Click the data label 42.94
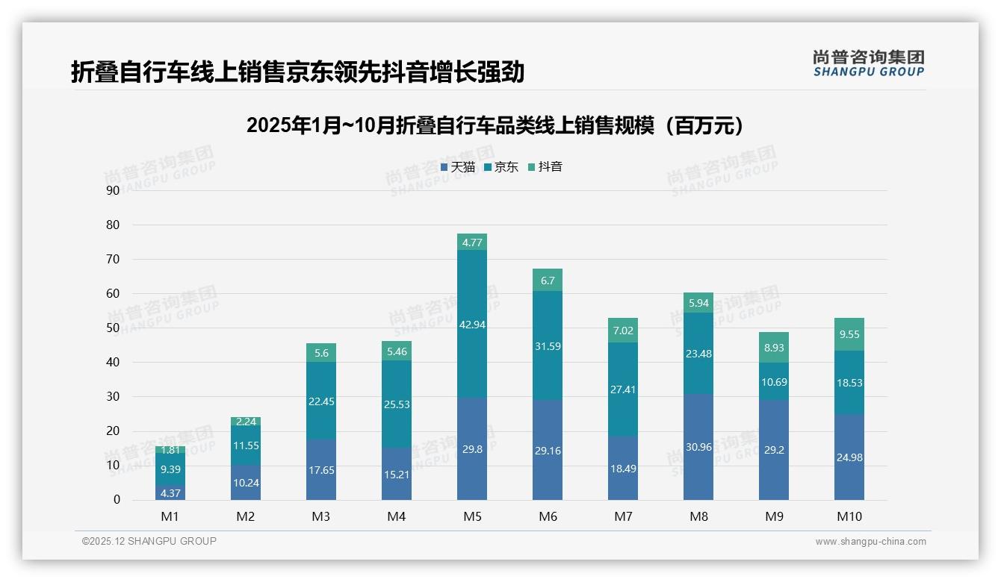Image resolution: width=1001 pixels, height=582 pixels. tap(471, 324)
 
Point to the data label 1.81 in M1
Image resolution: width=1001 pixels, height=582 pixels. tap(170, 450)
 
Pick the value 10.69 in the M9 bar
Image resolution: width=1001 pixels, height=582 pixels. tap(774, 382)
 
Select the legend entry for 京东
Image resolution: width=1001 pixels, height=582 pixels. tap(501, 167)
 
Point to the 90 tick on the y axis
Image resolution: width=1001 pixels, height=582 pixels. tap(113, 190)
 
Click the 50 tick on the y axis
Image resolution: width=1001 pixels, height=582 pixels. tap(113, 328)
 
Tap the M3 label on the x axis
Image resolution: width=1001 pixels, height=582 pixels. tap(320, 516)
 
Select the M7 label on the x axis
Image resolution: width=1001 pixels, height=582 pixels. tap(623, 516)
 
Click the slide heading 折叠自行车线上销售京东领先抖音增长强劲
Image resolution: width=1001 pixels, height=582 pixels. tap(297, 72)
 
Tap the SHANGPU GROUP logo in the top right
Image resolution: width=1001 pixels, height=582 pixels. tap(868, 63)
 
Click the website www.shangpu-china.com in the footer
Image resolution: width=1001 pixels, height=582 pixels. tap(870, 542)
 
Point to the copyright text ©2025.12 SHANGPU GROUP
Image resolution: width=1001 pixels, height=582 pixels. tap(149, 541)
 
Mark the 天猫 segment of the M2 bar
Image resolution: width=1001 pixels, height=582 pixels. tap(246, 482)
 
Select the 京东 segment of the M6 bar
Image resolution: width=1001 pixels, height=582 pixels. tap(547, 345)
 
